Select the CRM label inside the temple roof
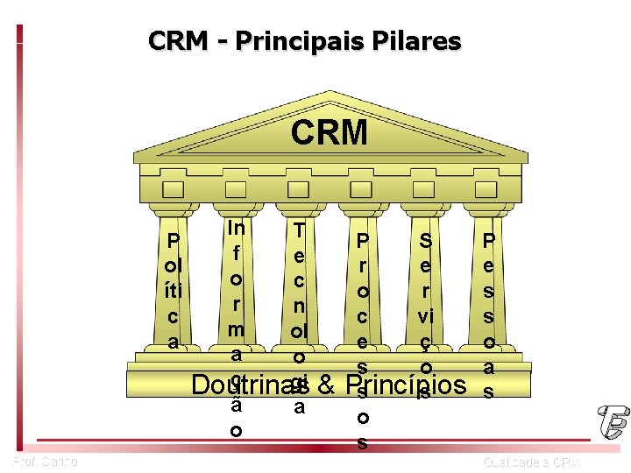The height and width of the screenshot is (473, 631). [330, 133]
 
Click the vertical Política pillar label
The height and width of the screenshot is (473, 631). [173, 291]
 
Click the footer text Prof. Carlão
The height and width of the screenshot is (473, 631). [46, 461]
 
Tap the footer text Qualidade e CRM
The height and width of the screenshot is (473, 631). [531, 462]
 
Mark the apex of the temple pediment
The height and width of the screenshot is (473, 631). [329, 92]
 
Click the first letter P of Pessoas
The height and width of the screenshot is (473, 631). [489, 240]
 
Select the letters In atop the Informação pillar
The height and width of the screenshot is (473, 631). [236, 228]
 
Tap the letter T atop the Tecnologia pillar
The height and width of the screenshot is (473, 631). [299, 230]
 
